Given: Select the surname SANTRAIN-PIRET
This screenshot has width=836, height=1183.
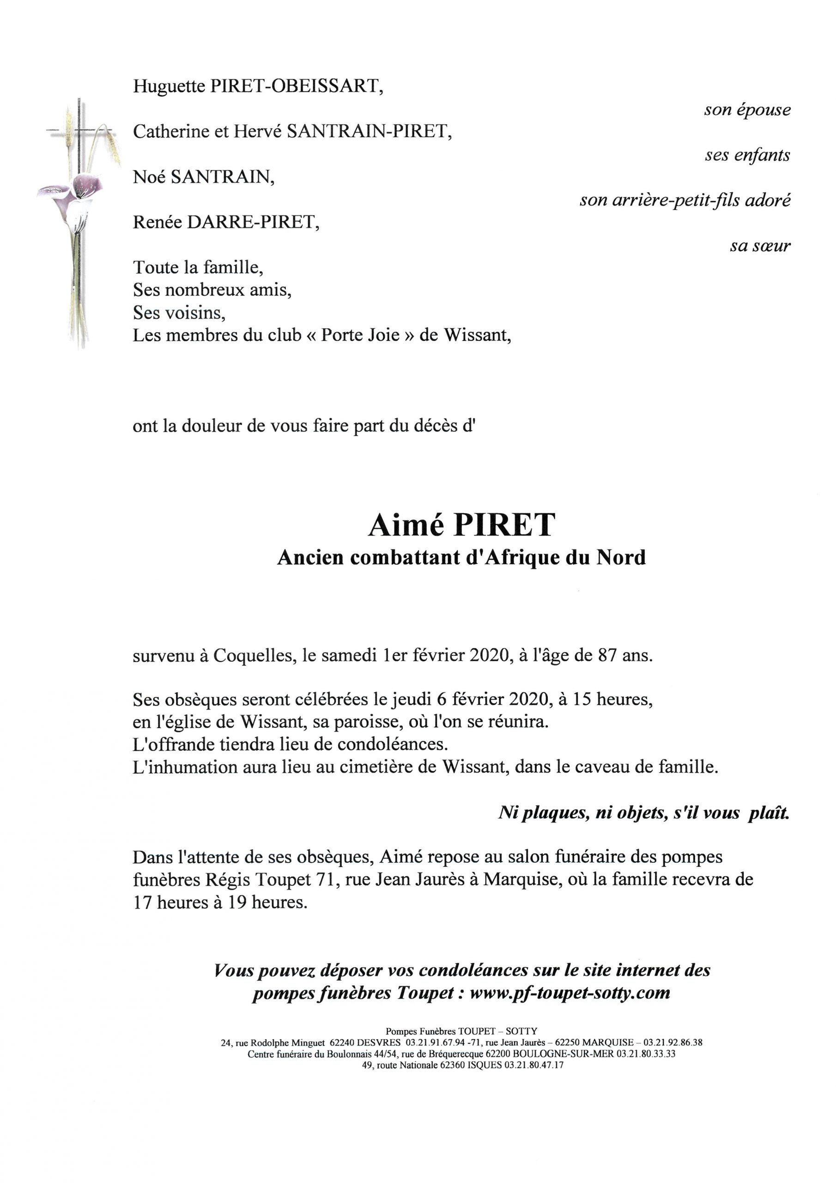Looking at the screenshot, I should click(x=369, y=132).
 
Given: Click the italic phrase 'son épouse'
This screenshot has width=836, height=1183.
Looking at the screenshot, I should click(x=747, y=110).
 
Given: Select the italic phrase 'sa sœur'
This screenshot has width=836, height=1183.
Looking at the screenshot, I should click(x=760, y=246).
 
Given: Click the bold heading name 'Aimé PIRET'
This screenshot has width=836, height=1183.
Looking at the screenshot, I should click(x=461, y=524).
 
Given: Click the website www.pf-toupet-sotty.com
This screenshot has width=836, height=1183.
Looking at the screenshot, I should click(x=569, y=992).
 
